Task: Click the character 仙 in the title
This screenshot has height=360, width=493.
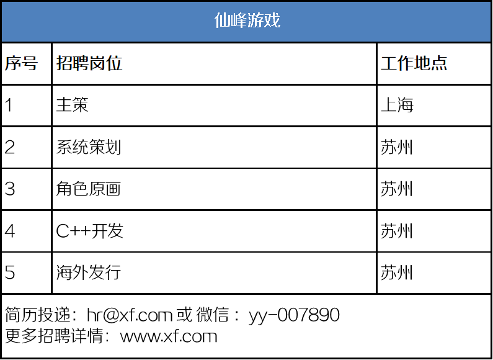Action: tap(223, 20)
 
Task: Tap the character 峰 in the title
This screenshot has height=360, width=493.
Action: tap(239, 20)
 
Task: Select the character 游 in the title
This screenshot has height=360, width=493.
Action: tap(255, 20)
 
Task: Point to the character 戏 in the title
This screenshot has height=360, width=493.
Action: tap(272, 20)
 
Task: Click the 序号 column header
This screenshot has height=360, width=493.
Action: tap(21, 63)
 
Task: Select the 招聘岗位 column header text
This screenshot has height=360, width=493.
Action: tap(89, 63)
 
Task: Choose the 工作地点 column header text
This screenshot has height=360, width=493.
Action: tap(414, 63)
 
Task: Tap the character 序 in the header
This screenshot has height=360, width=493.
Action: tap(13, 63)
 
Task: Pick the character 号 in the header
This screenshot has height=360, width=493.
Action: tap(29, 63)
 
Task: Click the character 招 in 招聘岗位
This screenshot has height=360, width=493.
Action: tap(64, 63)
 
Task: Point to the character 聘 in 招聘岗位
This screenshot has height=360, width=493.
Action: tap(81, 63)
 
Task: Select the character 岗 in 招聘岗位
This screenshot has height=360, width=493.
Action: tap(97, 63)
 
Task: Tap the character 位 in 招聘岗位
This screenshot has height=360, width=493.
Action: tap(114, 63)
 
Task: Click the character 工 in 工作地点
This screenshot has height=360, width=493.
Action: tap(389, 63)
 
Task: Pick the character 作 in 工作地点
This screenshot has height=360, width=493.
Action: tap(406, 63)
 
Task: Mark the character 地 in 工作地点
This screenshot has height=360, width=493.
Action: tap(422, 63)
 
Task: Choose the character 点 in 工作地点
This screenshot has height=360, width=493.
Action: tap(438, 63)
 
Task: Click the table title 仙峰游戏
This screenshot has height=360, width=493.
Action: tap(247, 20)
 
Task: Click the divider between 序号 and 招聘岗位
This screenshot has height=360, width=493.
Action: tap(51, 63)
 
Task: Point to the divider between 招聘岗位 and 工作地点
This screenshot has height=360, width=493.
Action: tap(376, 63)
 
